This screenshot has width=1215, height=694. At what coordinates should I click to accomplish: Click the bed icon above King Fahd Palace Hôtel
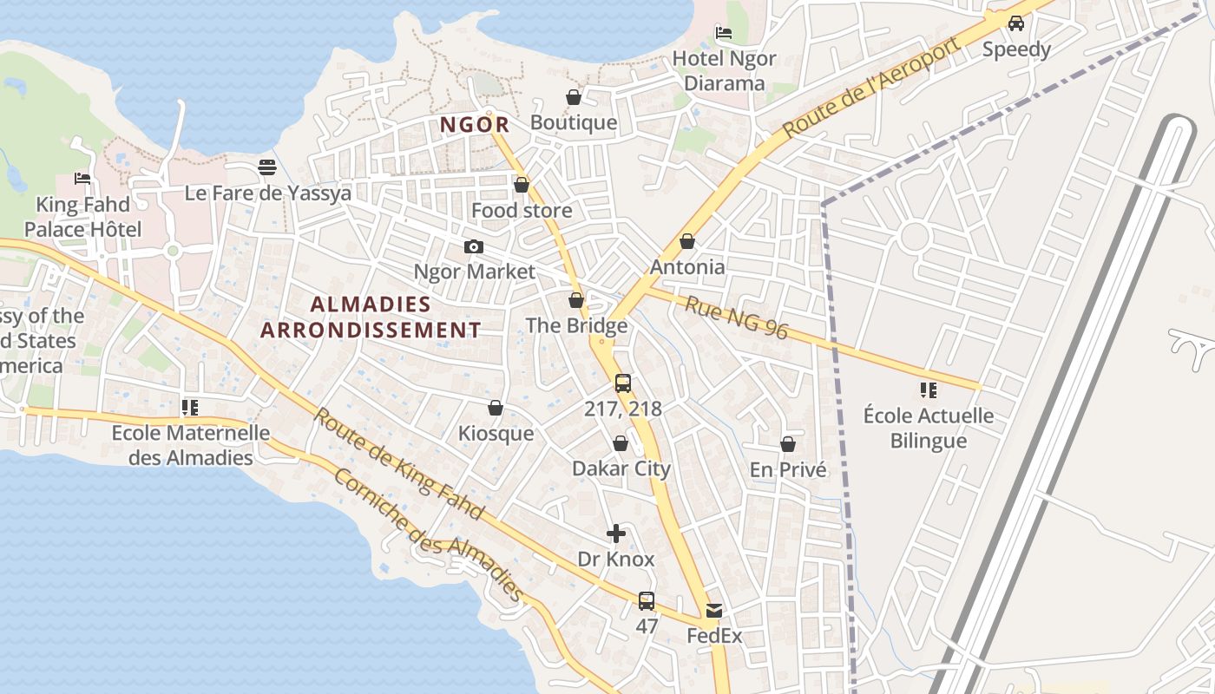click(82, 179)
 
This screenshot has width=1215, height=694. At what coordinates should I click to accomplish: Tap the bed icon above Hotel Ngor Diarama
click(724, 33)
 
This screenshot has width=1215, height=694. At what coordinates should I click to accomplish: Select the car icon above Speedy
click(1016, 23)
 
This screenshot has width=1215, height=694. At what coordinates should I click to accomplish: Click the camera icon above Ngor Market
click(473, 246)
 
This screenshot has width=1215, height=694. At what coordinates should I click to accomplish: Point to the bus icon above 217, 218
click(622, 383)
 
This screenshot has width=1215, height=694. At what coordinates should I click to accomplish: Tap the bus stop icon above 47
click(646, 600)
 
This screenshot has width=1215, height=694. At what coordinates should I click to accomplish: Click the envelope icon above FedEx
click(713, 611)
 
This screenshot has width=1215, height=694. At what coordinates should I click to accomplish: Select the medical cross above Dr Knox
click(615, 534)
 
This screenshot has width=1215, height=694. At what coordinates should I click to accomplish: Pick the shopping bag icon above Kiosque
click(496, 408)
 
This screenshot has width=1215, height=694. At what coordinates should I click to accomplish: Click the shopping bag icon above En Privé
click(788, 444)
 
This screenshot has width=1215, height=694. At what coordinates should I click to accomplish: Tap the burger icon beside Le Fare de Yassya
click(267, 167)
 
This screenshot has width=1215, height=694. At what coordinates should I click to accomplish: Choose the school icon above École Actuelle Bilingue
click(929, 390)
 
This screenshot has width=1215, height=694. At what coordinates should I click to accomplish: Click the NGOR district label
click(474, 125)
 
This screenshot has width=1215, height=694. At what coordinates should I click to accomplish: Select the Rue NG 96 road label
click(736, 318)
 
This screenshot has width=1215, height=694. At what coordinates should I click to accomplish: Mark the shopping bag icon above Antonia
click(687, 241)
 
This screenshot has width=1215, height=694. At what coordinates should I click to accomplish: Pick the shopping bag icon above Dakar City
click(621, 443)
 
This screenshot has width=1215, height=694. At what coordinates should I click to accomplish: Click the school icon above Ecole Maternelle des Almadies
click(190, 407)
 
